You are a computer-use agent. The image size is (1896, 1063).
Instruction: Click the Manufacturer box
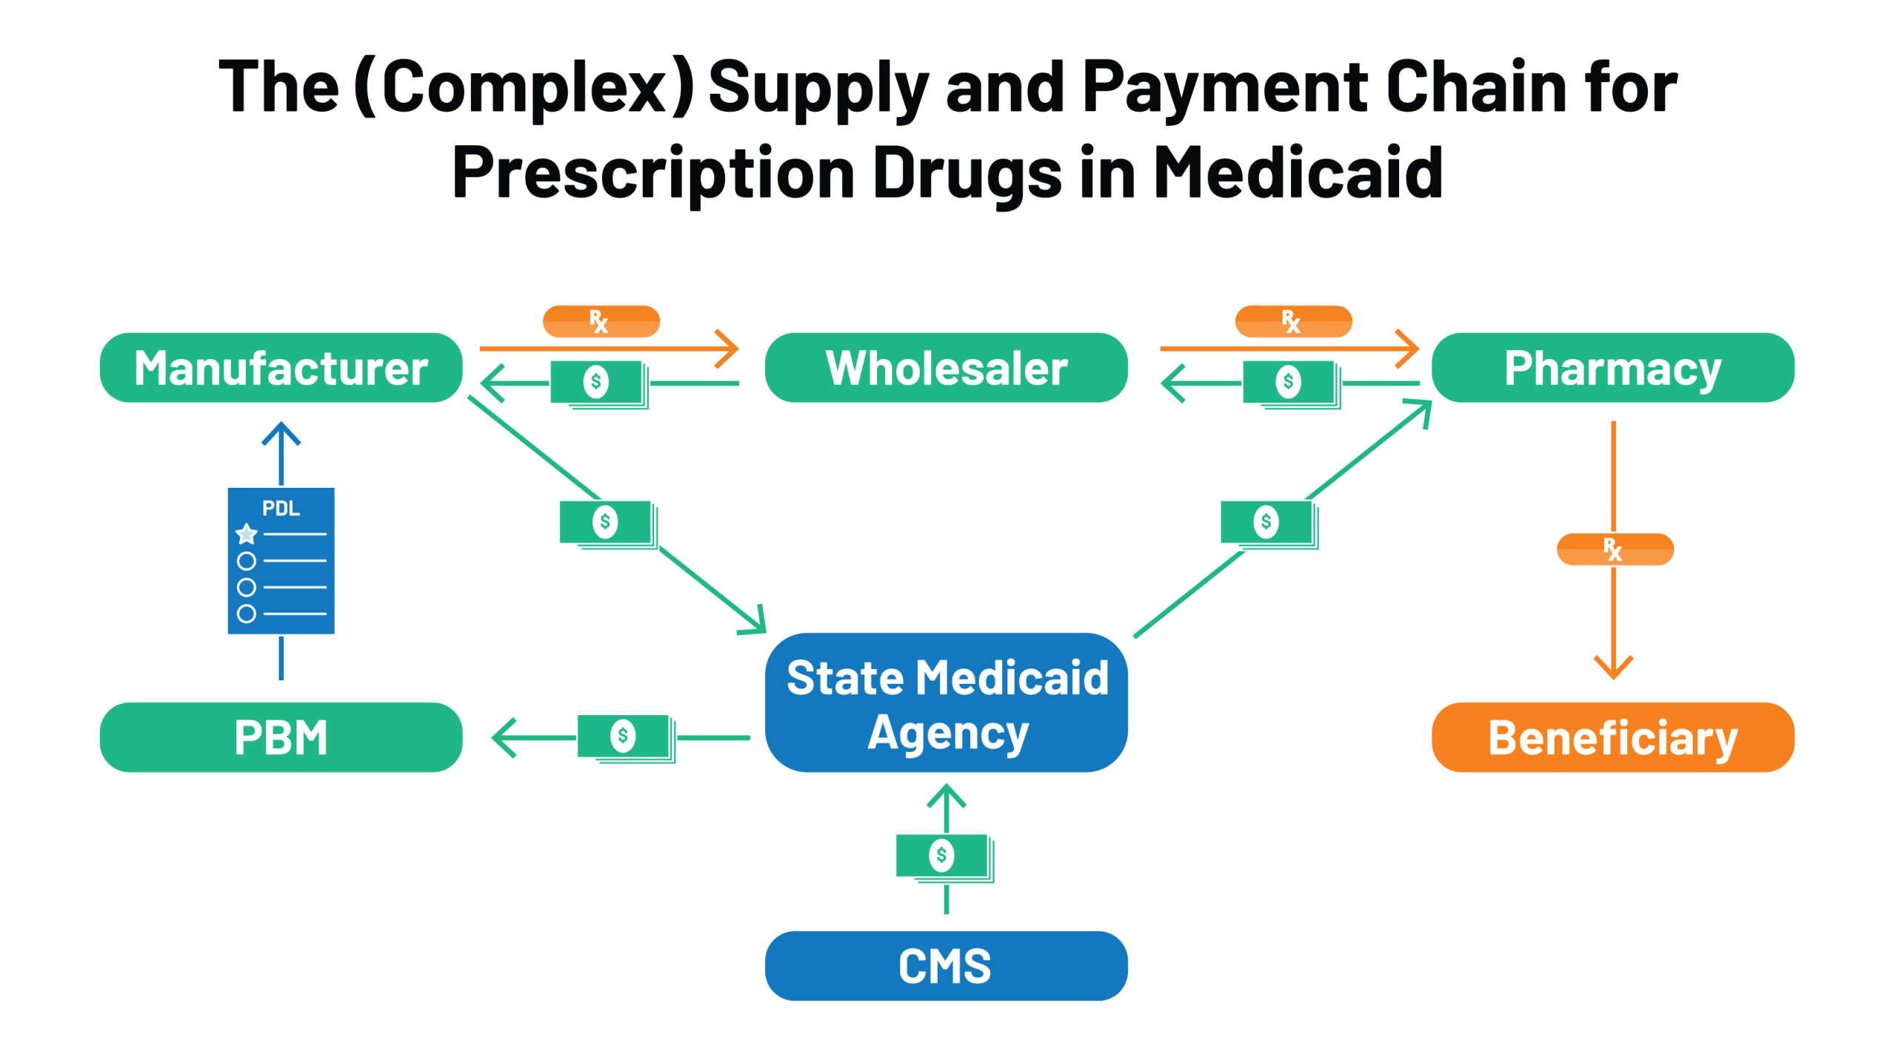click(x=281, y=368)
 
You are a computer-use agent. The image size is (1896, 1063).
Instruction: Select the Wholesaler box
click(x=946, y=368)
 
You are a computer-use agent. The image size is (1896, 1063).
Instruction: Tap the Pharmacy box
click(x=1612, y=368)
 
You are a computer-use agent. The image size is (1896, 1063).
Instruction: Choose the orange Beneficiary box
click(x=1612, y=737)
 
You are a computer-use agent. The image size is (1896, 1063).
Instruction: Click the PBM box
click(x=281, y=737)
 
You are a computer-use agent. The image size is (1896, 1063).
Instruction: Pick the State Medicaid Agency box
click(x=946, y=702)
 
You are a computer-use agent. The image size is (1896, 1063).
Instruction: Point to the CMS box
click(x=946, y=965)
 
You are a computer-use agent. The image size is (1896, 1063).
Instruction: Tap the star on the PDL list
click(x=247, y=533)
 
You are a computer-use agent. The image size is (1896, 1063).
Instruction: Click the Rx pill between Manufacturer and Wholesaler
click(x=601, y=321)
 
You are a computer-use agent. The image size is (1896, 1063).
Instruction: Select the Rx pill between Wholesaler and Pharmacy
click(x=1293, y=321)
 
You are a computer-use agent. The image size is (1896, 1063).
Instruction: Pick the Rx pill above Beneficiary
click(x=1615, y=549)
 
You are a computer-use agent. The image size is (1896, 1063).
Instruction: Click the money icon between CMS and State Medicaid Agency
click(x=943, y=856)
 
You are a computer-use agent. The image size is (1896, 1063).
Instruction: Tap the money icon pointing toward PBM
click(x=624, y=737)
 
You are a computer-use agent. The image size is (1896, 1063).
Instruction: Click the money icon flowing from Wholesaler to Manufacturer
click(x=598, y=383)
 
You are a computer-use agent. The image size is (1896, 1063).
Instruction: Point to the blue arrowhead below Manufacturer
click(x=281, y=433)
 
